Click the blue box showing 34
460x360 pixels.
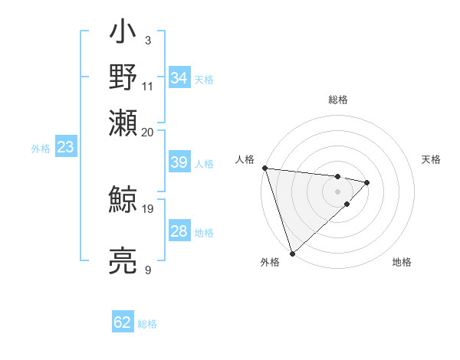[x=179, y=78]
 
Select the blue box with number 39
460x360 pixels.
[x=179, y=163]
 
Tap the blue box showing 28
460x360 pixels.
[x=179, y=232]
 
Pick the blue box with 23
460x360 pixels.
[x=65, y=148]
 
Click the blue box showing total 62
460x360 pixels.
[x=123, y=322]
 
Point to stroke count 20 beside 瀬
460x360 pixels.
[x=148, y=132]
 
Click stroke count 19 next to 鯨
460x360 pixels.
[x=148, y=208]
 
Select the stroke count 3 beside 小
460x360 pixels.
[x=147, y=40]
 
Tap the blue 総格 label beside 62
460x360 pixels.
[x=147, y=324]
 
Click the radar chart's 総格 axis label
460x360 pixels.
[x=337, y=100]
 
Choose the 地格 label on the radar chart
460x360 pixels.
[x=402, y=262]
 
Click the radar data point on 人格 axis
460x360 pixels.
[x=264, y=168]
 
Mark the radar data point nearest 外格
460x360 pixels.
[x=292, y=253]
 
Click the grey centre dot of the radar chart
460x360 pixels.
[x=337, y=191]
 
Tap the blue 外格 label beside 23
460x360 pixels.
[x=41, y=149]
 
